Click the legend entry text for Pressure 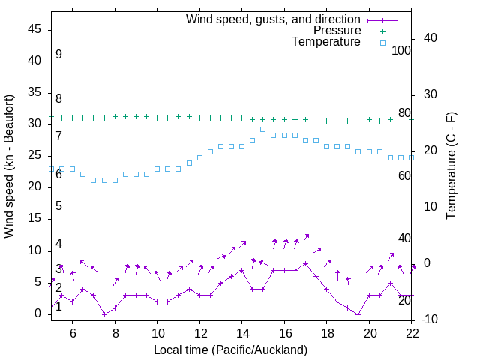click(x=337, y=31)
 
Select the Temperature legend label click(x=326, y=42)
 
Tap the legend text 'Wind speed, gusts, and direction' click(x=274, y=19)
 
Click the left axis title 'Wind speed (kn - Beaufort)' click(x=9, y=166)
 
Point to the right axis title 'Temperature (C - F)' click(x=451, y=166)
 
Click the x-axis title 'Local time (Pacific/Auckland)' click(x=230, y=349)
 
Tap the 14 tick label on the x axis click(x=242, y=333)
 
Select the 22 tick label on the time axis click(x=412, y=333)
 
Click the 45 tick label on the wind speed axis click(x=34, y=29)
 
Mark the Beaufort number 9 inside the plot click(x=58, y=55)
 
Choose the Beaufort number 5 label click(x=58, y=206)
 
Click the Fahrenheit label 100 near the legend click(x=401, y=50)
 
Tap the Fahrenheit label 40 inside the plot click(x=404, y=238)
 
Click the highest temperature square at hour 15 click(x=263, y=129)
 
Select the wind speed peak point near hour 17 click(x=305, y=264)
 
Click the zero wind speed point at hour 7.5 click(x=104, y=314)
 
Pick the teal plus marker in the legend click(x=382, y=31)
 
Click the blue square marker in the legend click(x=382, y=43)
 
